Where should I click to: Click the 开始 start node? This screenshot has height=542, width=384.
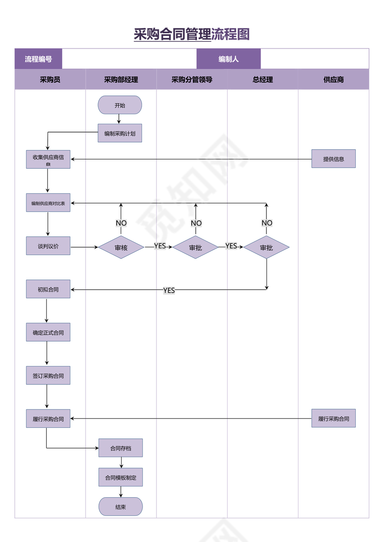click(120, 105)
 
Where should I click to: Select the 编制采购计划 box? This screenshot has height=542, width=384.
click(120, 133)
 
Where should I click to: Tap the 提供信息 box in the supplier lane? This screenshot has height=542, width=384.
click(334, 158)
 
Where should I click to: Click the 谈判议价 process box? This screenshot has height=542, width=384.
click(48, 246)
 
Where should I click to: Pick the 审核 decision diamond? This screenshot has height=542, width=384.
click(121, 247)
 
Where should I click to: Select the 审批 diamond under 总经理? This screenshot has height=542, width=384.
click(266, 247)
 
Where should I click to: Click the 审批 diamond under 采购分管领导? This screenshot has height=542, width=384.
click(196, 247)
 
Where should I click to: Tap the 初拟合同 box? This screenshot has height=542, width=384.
click(48, 289)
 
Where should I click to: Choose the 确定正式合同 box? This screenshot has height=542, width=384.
click(48, 332)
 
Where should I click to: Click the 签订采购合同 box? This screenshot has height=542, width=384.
click(48, 376)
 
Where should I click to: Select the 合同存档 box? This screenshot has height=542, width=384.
click(121, 448)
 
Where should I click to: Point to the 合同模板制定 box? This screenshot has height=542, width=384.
click(121, 477)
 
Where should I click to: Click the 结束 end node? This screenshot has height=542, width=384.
click(121, 506)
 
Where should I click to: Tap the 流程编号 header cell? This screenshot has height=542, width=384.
click(38, 59)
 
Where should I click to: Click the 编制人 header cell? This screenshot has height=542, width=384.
click(229, 59)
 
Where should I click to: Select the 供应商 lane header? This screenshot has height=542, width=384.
click(334, 79)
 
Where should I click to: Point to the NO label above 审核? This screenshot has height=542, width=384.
click(121, 223)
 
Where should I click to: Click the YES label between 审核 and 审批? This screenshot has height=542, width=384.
click(160, 246)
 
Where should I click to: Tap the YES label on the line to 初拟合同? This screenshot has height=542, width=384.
click(169, 290)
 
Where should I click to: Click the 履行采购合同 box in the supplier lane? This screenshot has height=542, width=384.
click(334, 419)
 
